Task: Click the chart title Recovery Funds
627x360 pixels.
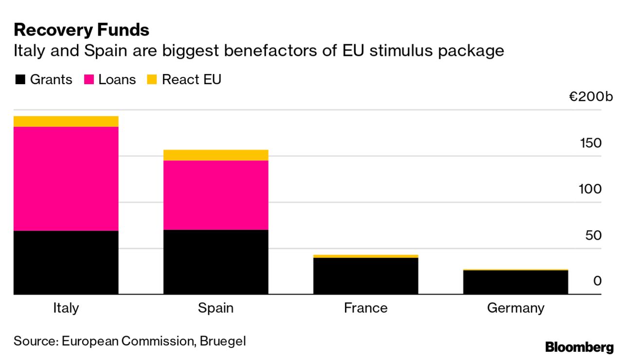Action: [x=81, y=30]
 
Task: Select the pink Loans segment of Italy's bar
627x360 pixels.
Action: [x=66, y=179]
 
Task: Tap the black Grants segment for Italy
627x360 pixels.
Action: [x=66, y=262]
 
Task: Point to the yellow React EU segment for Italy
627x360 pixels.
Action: [x=66, y=121]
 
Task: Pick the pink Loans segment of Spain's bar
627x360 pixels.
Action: [x=215, y=195]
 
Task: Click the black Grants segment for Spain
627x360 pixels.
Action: [x=215, y=262]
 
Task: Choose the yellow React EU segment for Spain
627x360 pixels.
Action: [x=215, y=155]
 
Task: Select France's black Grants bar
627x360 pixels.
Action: [x=365, y=276]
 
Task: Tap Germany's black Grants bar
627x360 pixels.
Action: [x=515, y=282]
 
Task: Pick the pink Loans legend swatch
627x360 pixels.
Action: [x=89, y=80]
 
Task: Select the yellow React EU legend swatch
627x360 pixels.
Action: [x=152, y=80]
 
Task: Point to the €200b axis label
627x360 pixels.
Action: [x=591, y=97]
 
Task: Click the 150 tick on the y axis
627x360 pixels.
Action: [x=590, y=144]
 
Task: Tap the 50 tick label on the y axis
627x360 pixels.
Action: [x=593, y=235]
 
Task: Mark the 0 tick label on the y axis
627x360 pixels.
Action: [x=597, y=281]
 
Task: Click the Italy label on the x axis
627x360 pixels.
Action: [x=66, y=308]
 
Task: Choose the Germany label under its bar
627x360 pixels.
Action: [x=515, y=308]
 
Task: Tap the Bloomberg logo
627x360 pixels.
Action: [x=579, y=347]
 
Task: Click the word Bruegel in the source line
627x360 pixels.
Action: [x=223, y=341]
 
